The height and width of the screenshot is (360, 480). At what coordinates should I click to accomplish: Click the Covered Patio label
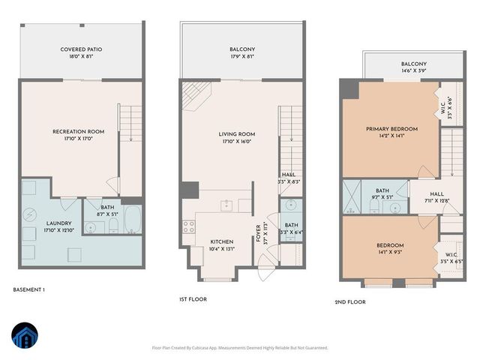(x=81, y=49)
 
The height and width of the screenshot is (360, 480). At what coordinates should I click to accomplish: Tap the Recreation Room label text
(x=78, y=132)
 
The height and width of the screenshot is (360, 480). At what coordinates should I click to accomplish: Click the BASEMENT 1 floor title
(x=29, y=289)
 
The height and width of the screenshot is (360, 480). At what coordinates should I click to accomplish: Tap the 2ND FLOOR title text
(x=350, y=303)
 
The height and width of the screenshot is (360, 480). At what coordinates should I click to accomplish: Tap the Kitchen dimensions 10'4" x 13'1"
(x=222, y=249)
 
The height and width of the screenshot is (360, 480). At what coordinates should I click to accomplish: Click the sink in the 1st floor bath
(x=291, y=205)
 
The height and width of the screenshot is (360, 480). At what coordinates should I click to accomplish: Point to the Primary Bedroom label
(x=391, y=128)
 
